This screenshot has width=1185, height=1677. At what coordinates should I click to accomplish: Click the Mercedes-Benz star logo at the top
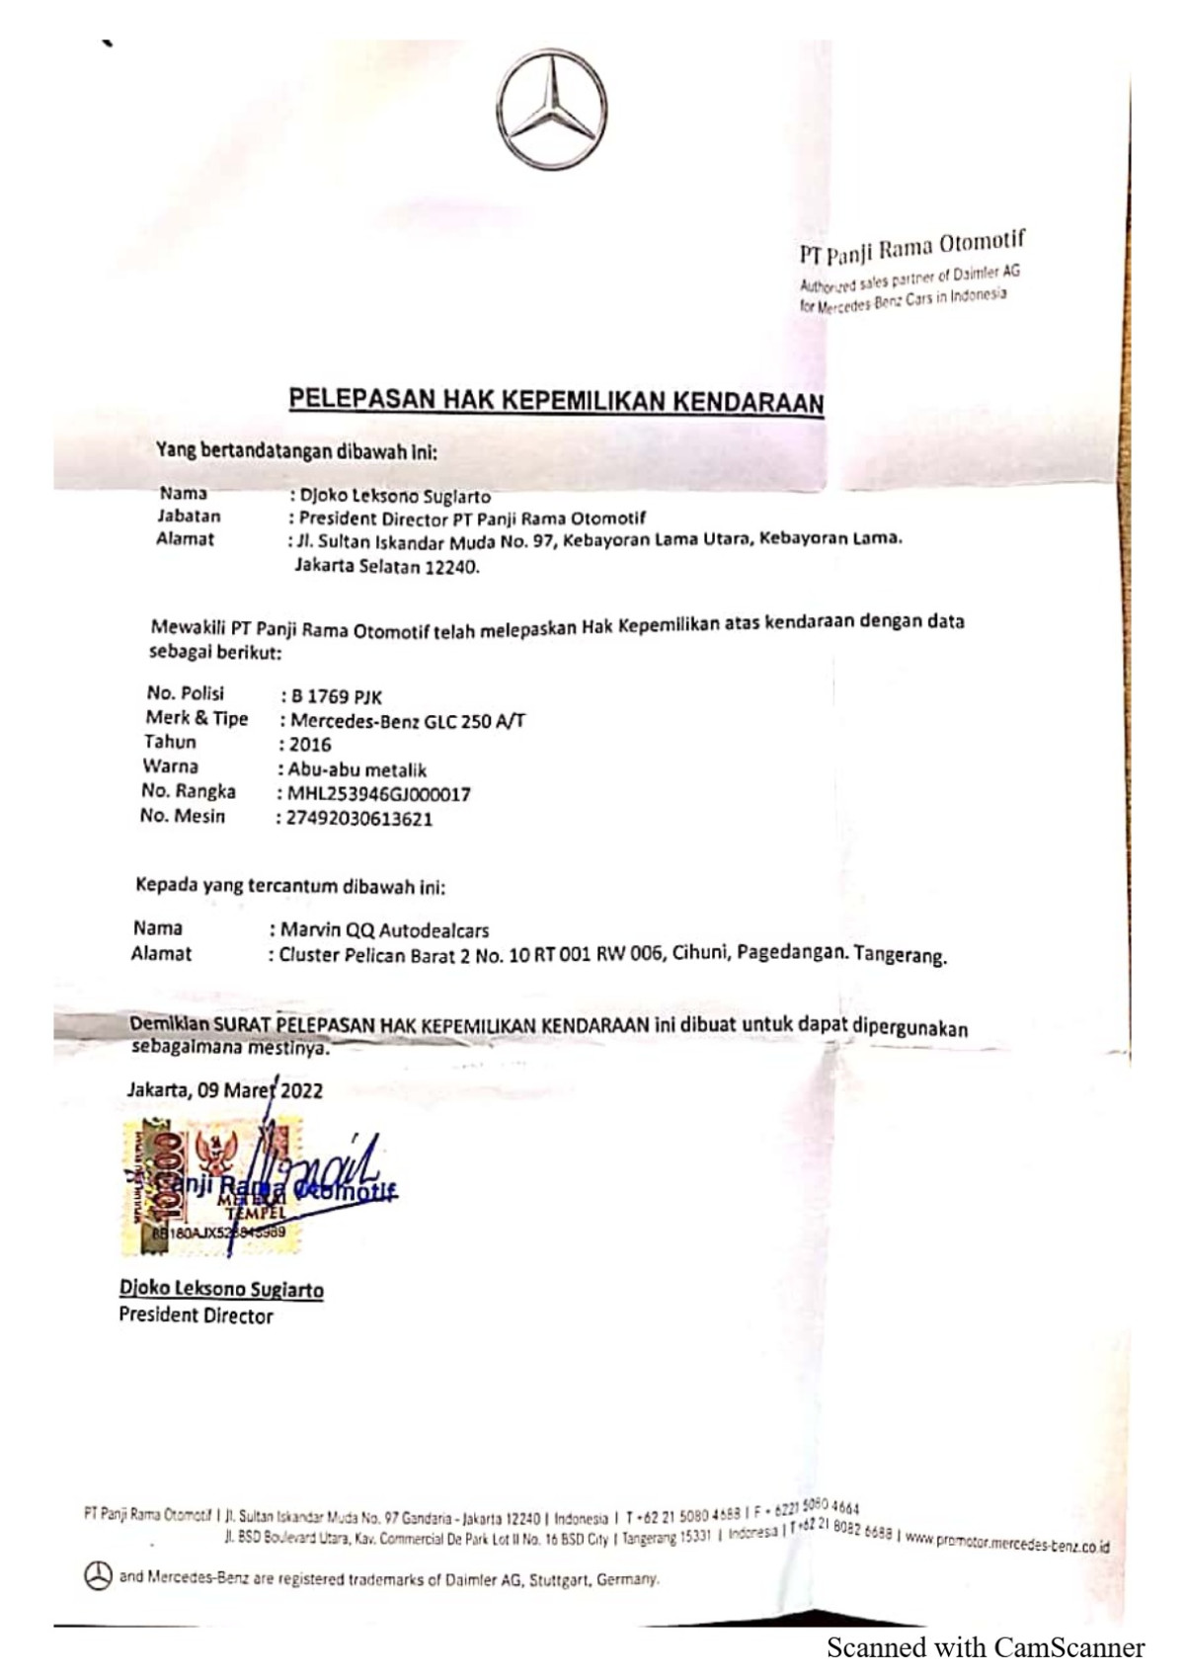pos(551,109)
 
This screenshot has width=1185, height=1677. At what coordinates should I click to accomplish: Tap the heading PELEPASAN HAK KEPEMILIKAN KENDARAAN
pos(556,400)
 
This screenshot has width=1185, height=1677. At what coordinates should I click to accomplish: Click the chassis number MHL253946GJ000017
pos(378,794)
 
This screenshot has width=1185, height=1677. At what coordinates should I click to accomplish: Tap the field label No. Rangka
pos(188,791)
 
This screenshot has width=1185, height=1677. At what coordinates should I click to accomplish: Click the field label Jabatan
pos(189,516)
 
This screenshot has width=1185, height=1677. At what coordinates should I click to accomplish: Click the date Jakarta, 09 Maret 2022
pos(224,1090)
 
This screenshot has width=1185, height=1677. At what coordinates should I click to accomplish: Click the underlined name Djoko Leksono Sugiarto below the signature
pos(221,1289)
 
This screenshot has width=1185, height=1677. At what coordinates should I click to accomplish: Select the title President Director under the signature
pos(196,1316)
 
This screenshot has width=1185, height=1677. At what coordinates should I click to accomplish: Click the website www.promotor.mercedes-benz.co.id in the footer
pos(1007,1542)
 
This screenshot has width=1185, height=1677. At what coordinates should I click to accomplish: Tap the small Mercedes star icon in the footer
pos(97,1576)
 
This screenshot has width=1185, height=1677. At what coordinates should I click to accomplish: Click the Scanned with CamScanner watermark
pos(985,1647)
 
